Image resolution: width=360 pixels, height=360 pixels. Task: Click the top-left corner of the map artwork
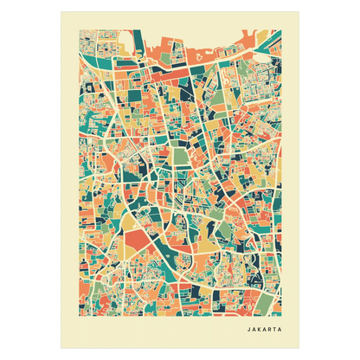[x=80, y=29]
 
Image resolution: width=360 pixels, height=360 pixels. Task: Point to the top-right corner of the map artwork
[x=281, y=29]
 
